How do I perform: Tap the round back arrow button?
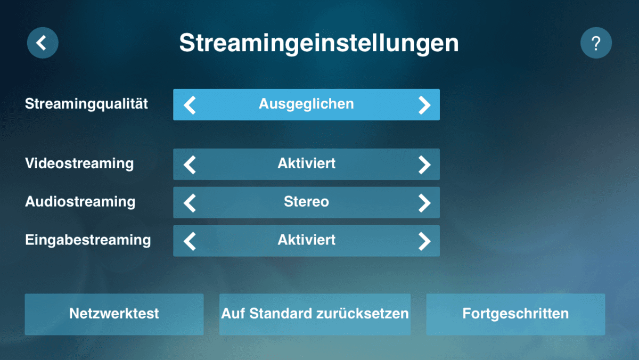click(x=43, y=43)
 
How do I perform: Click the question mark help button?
click(x=596, y=43)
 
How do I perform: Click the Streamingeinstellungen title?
click(x=319, y=44)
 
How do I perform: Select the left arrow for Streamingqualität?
click(x=190, y=105)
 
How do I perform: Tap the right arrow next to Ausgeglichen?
click(x=424, y=105)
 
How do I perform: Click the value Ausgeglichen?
click(x=306, y=104)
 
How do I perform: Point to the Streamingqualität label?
click(x=86, y=104)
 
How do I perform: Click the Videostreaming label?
click(x=79, y=163)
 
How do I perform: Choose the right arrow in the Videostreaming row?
click(x=424, y=165)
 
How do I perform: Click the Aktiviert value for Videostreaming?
click(x=306, y=163)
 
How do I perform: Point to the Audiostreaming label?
click(x=80, y=202)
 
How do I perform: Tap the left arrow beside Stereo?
click(x=190, y=203)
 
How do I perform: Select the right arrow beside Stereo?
click(x=424, y=203)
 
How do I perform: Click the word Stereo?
click(x=306, y=202)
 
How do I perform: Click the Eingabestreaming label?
click(x=88, y=240)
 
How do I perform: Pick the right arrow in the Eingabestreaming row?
click(x=424, y=241)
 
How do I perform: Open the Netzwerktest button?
click(x=114, y=314)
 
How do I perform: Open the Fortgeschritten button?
click(x=515, y=314)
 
